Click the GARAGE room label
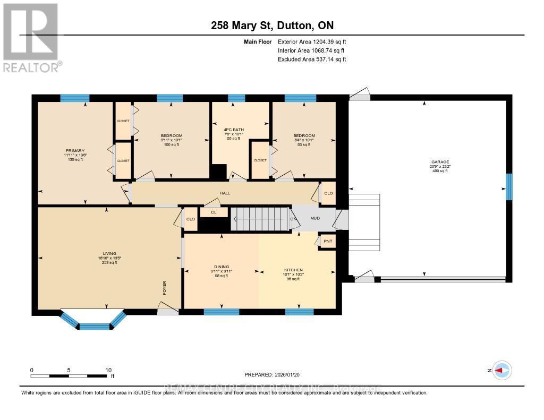pyautogui.click(x=440, y=162)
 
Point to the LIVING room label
pyautogui.click(x=110, y=254)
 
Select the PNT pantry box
pyautogui.click(x=328, y=241)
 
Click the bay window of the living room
pyautogui.click(x=93, y=322)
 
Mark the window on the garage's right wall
pyautogui.click(x=508, y=187)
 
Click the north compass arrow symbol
pyautogui.click(x=501, y=371)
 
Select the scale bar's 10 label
pyautogui.click(x=108, y=370)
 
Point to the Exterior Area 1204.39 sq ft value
pyautogui.click(x=312, y=42)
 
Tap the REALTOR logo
pyautogui.click(x=31, y=37)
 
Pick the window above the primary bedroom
pyautogui.click(x=74, y=98)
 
